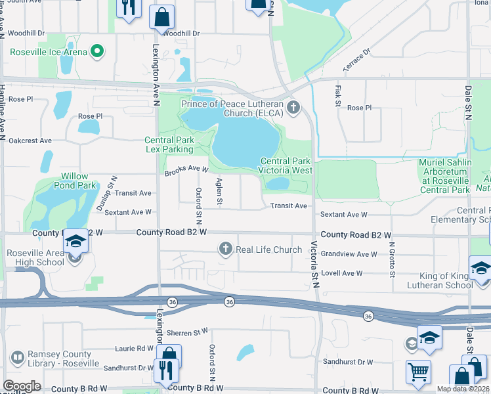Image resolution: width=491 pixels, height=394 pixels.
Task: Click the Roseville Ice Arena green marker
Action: click(98, 50)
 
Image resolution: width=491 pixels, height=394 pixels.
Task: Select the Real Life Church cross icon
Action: click(226, 249)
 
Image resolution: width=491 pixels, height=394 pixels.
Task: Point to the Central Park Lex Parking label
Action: click(169, 144)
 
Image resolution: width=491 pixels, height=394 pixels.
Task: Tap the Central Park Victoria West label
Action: click(286, 165)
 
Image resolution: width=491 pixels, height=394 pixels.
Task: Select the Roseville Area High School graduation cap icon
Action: click(75, 241)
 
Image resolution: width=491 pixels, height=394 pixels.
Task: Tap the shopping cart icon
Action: click(418, 372)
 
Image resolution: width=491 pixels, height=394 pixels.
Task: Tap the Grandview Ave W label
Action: click(349, 254)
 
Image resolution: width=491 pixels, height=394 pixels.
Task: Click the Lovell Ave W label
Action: click(342, 273)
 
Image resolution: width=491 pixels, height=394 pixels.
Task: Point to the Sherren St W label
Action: click(187, 332)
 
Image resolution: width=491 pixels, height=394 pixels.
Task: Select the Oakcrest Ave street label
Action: click(30, 141)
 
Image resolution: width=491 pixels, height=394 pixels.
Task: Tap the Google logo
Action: click(22, 386)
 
